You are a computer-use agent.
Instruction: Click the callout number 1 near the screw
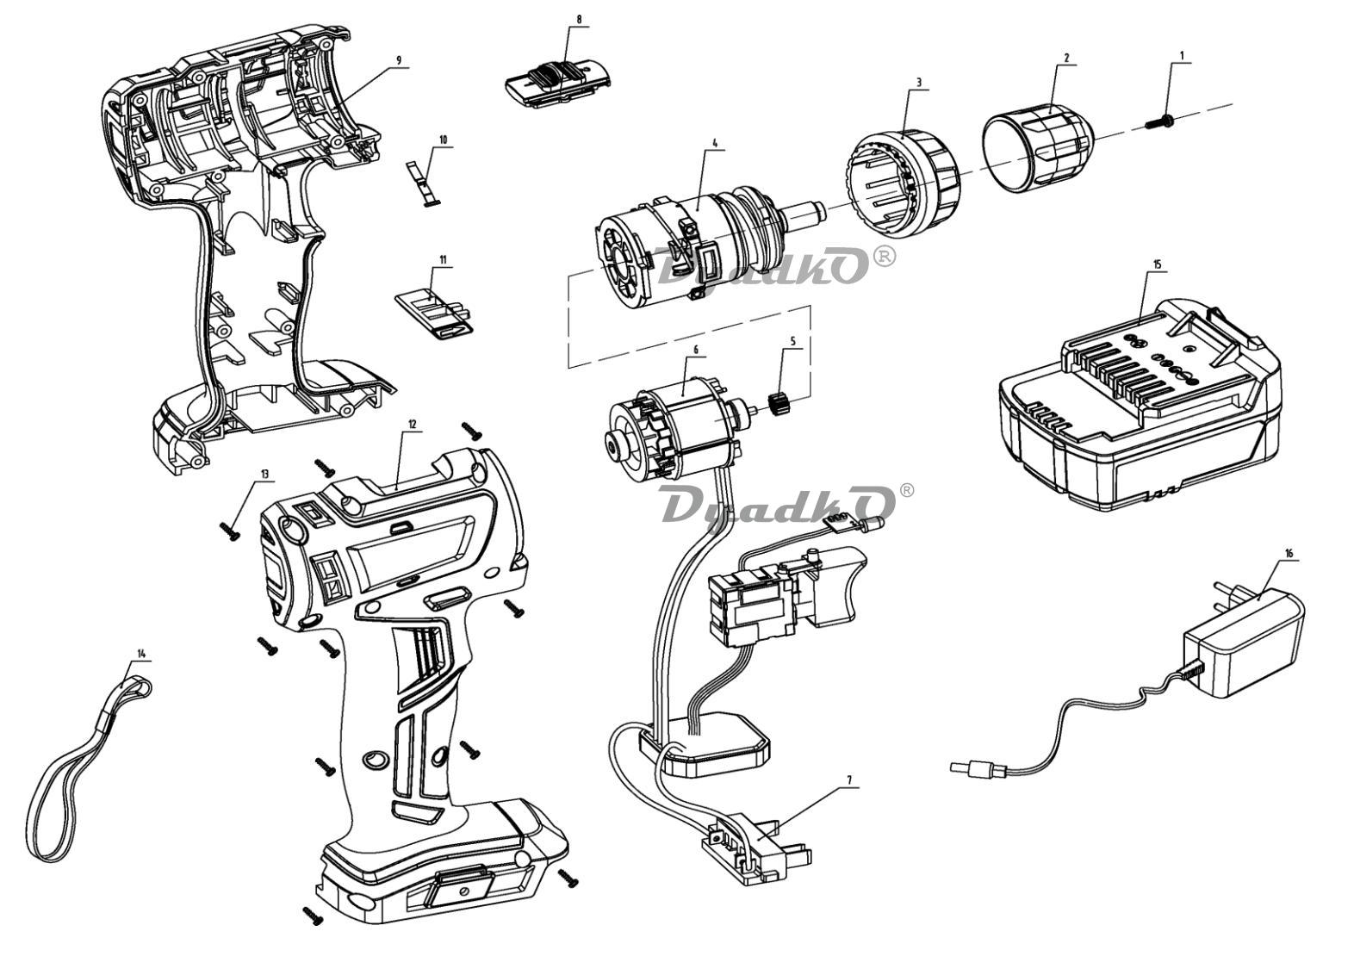pyautogui.click(x=1182, y=55)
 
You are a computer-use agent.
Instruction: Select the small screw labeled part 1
pyautogui.click(x=1160, y=121)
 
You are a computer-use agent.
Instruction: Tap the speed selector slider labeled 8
pyautogui.click(x=556, y=83)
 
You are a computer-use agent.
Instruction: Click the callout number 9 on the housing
pyautogui.click(x=399, y=59)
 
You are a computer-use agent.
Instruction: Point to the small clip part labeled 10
pyautogui.click(x=424, y=181)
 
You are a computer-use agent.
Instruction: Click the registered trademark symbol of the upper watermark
pyautogui.click(x=885, y=256)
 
